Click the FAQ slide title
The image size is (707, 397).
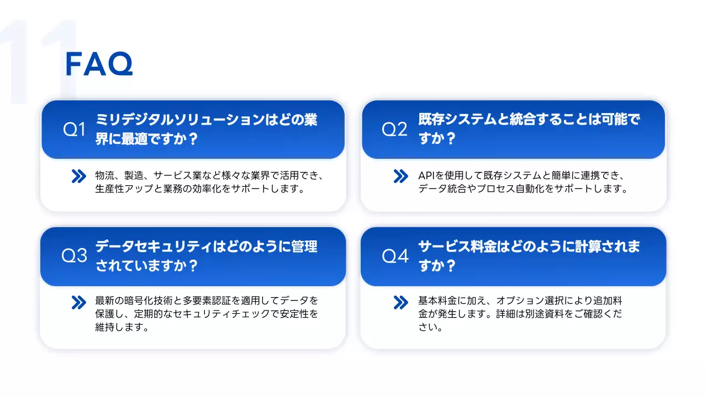click(99, 65)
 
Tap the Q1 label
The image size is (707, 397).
click(75, 130)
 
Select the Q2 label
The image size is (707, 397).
click(394, 130)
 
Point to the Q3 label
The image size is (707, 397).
click(75, 256)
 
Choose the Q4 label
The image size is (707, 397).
click(395, 256)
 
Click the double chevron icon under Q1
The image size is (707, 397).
click(79, 176)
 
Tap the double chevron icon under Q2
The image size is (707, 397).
click(400, 176)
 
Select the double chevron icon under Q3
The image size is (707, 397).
click(79, 302)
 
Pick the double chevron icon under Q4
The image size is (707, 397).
click(400, 302)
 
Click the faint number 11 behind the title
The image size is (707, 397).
click(39, 61)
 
